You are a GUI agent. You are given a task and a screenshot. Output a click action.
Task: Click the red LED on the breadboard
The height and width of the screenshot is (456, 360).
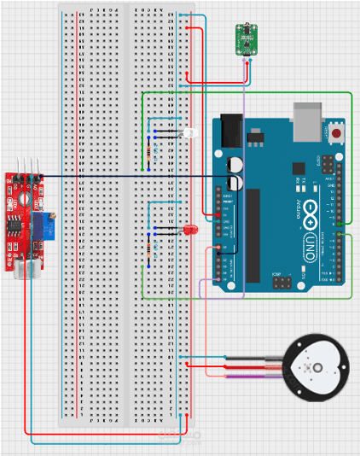(189, 231)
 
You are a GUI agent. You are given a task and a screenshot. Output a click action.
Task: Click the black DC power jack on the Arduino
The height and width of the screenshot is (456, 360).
(230, 131)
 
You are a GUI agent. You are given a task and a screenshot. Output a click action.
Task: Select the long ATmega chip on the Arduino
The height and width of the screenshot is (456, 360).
(253, 235)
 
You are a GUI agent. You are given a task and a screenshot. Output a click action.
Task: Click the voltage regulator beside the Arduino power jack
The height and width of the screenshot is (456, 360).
(253, 135)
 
